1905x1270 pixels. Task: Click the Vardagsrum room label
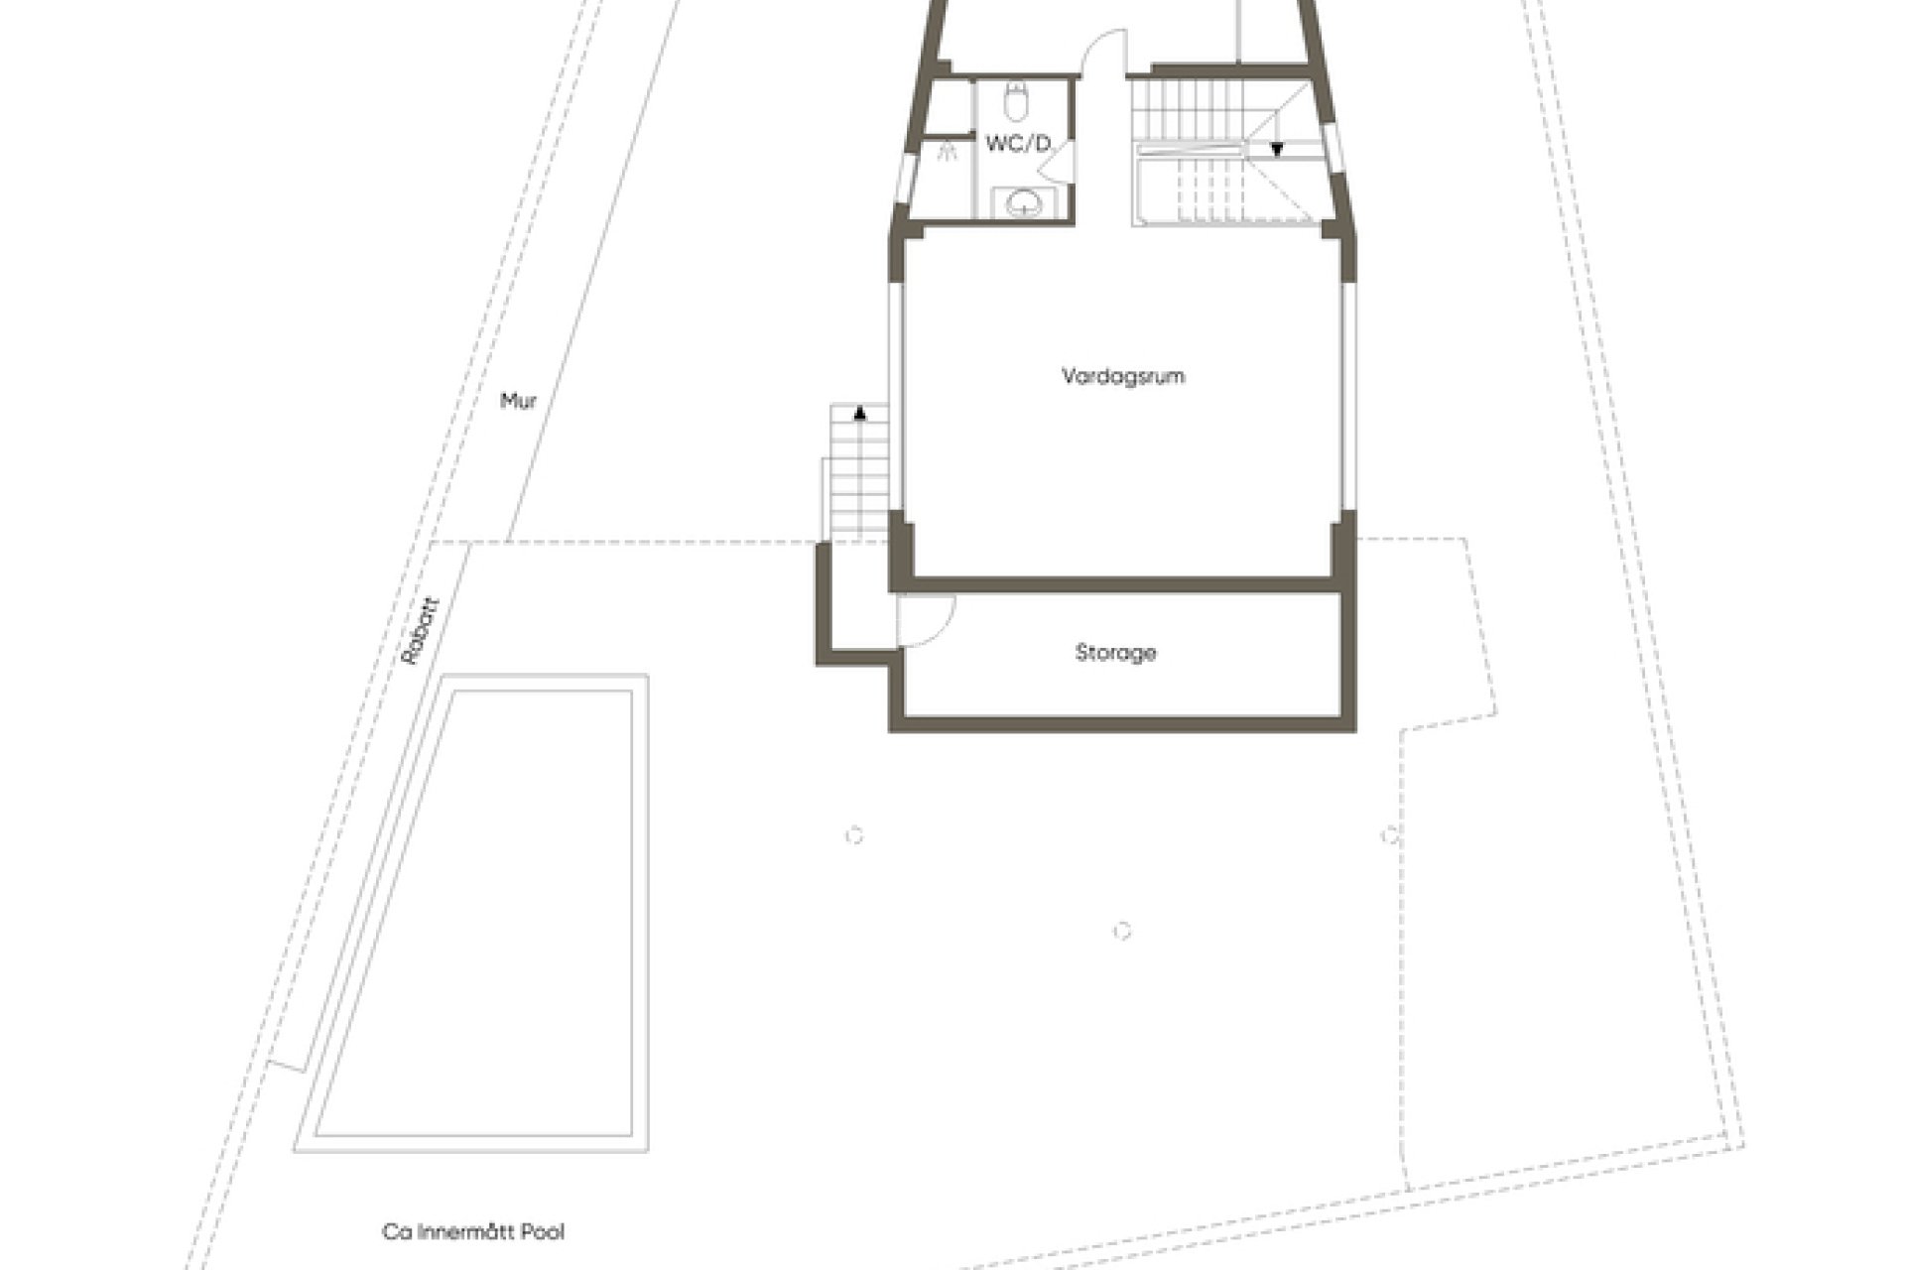point(1123,377)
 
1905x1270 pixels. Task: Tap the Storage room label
point(1116,653)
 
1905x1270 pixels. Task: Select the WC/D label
point(1018,145)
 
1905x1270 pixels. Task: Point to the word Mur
point(518,402)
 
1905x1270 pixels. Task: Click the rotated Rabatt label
point(417,629)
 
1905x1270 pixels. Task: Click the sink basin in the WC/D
point(1022,203)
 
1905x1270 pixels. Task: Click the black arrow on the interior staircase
point(1277,150)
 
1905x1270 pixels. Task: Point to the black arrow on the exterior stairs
point(859,411)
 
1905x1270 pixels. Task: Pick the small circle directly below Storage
point(1122,931)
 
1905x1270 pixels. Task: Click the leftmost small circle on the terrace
point(854,835)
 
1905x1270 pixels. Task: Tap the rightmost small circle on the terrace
point(1390,835)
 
